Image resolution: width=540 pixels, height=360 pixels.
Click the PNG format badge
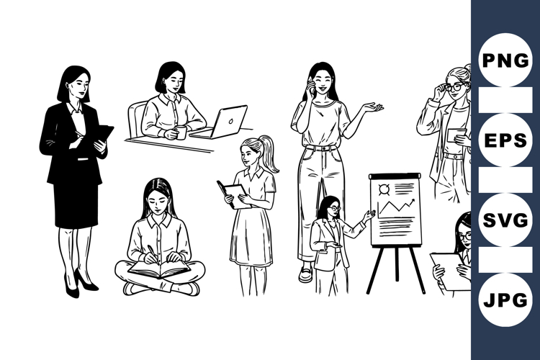click(505, 60)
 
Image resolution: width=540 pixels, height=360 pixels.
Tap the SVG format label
click(505, 220)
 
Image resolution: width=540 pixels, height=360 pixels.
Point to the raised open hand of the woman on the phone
click(373, 108)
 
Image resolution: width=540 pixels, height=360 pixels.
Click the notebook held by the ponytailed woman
click(233, 194)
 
